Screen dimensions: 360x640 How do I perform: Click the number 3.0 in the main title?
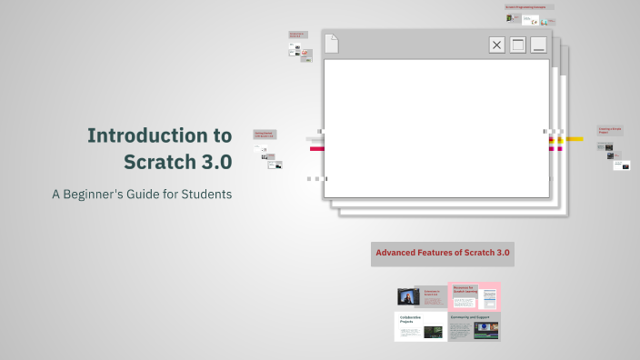point(212,162)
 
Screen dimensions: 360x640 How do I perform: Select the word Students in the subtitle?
point(205,194)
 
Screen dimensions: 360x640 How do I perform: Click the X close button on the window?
point(496,45)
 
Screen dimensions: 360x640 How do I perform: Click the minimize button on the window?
point(539,45)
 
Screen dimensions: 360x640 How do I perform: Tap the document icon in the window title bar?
point(332,43)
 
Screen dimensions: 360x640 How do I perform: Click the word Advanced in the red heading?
point(400,252)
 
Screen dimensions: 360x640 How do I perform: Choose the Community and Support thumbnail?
point(474,326)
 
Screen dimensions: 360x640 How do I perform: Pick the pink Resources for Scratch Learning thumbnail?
point(475,296)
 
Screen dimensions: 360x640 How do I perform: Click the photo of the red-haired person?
point(408,296)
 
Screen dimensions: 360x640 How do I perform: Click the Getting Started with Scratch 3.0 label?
point(264,135)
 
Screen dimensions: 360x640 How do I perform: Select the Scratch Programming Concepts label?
point(529,7)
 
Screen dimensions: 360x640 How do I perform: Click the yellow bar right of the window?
point(574,139)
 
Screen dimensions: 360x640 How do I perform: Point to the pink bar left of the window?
point(316,148)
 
